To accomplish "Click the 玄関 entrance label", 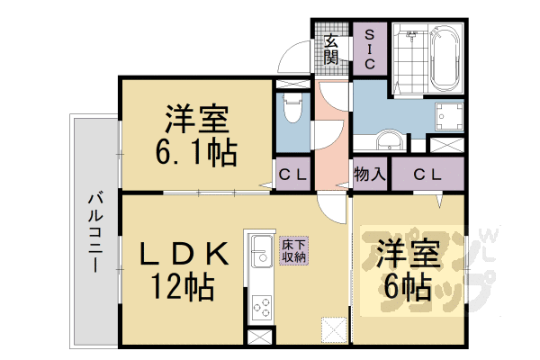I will click(x=331, y=49).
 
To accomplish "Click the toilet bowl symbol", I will click(x=292, y=113).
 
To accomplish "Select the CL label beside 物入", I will click(x=427, y=174).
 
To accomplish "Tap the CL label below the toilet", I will click(x=292, y=174).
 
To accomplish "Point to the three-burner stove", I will click(x=259, y=306).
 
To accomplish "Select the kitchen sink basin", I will click(x=259, y=251).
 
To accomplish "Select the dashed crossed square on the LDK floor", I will click(x=334, y=329).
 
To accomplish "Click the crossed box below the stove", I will click(x=258, y=338).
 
